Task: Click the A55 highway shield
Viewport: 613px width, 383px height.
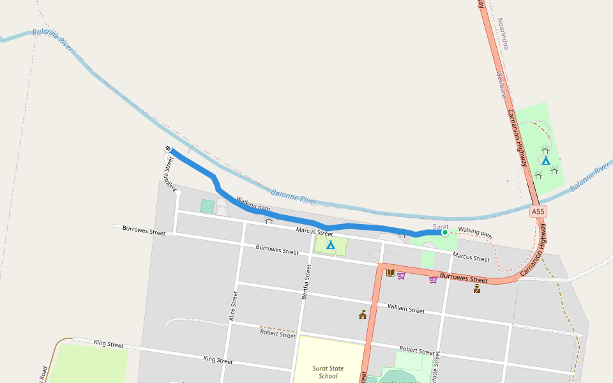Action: [x=538, y=211]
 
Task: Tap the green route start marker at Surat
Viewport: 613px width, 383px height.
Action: [x=444, y=232]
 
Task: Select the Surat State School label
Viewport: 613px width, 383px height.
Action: [x=328, y=372]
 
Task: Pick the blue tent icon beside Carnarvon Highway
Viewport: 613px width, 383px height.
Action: [x=545, y=160]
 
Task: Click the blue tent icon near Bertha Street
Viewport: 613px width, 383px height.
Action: [x=331, y=244]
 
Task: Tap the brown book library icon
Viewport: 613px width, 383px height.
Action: [x=390, y=273]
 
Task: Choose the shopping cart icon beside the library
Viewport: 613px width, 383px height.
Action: [x=401, y=276]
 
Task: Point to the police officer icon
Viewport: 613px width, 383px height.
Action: [x=477, y=289]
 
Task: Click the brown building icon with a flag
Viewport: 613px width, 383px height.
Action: [x=363, y=314]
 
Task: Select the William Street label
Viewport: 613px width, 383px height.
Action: [x=405, y=310]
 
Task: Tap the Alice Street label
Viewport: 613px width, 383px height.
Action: [x=234, y=306]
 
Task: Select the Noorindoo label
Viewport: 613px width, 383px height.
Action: [x=504, y=34]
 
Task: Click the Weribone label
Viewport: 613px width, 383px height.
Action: [x=501, y=84]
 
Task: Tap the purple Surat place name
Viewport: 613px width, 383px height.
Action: [x=441, y=226]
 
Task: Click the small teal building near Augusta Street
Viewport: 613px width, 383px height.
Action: [x=207, y=206]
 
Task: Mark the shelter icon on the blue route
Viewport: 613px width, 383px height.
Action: [x=269, y=221]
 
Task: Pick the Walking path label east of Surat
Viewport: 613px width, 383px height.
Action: [x=475, y=232]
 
